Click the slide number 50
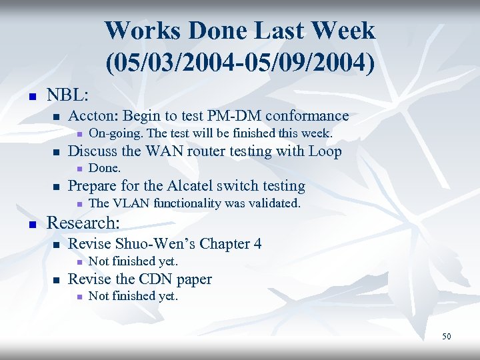click(x=446, y=337)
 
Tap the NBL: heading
click(x=68, y=95)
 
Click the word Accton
click(x=93, y=116)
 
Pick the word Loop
click(x=325, y=151)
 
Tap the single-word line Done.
click(x=105, y=168)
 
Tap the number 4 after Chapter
click(x=257, y=244)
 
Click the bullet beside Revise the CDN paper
click(x=56, y=281)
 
